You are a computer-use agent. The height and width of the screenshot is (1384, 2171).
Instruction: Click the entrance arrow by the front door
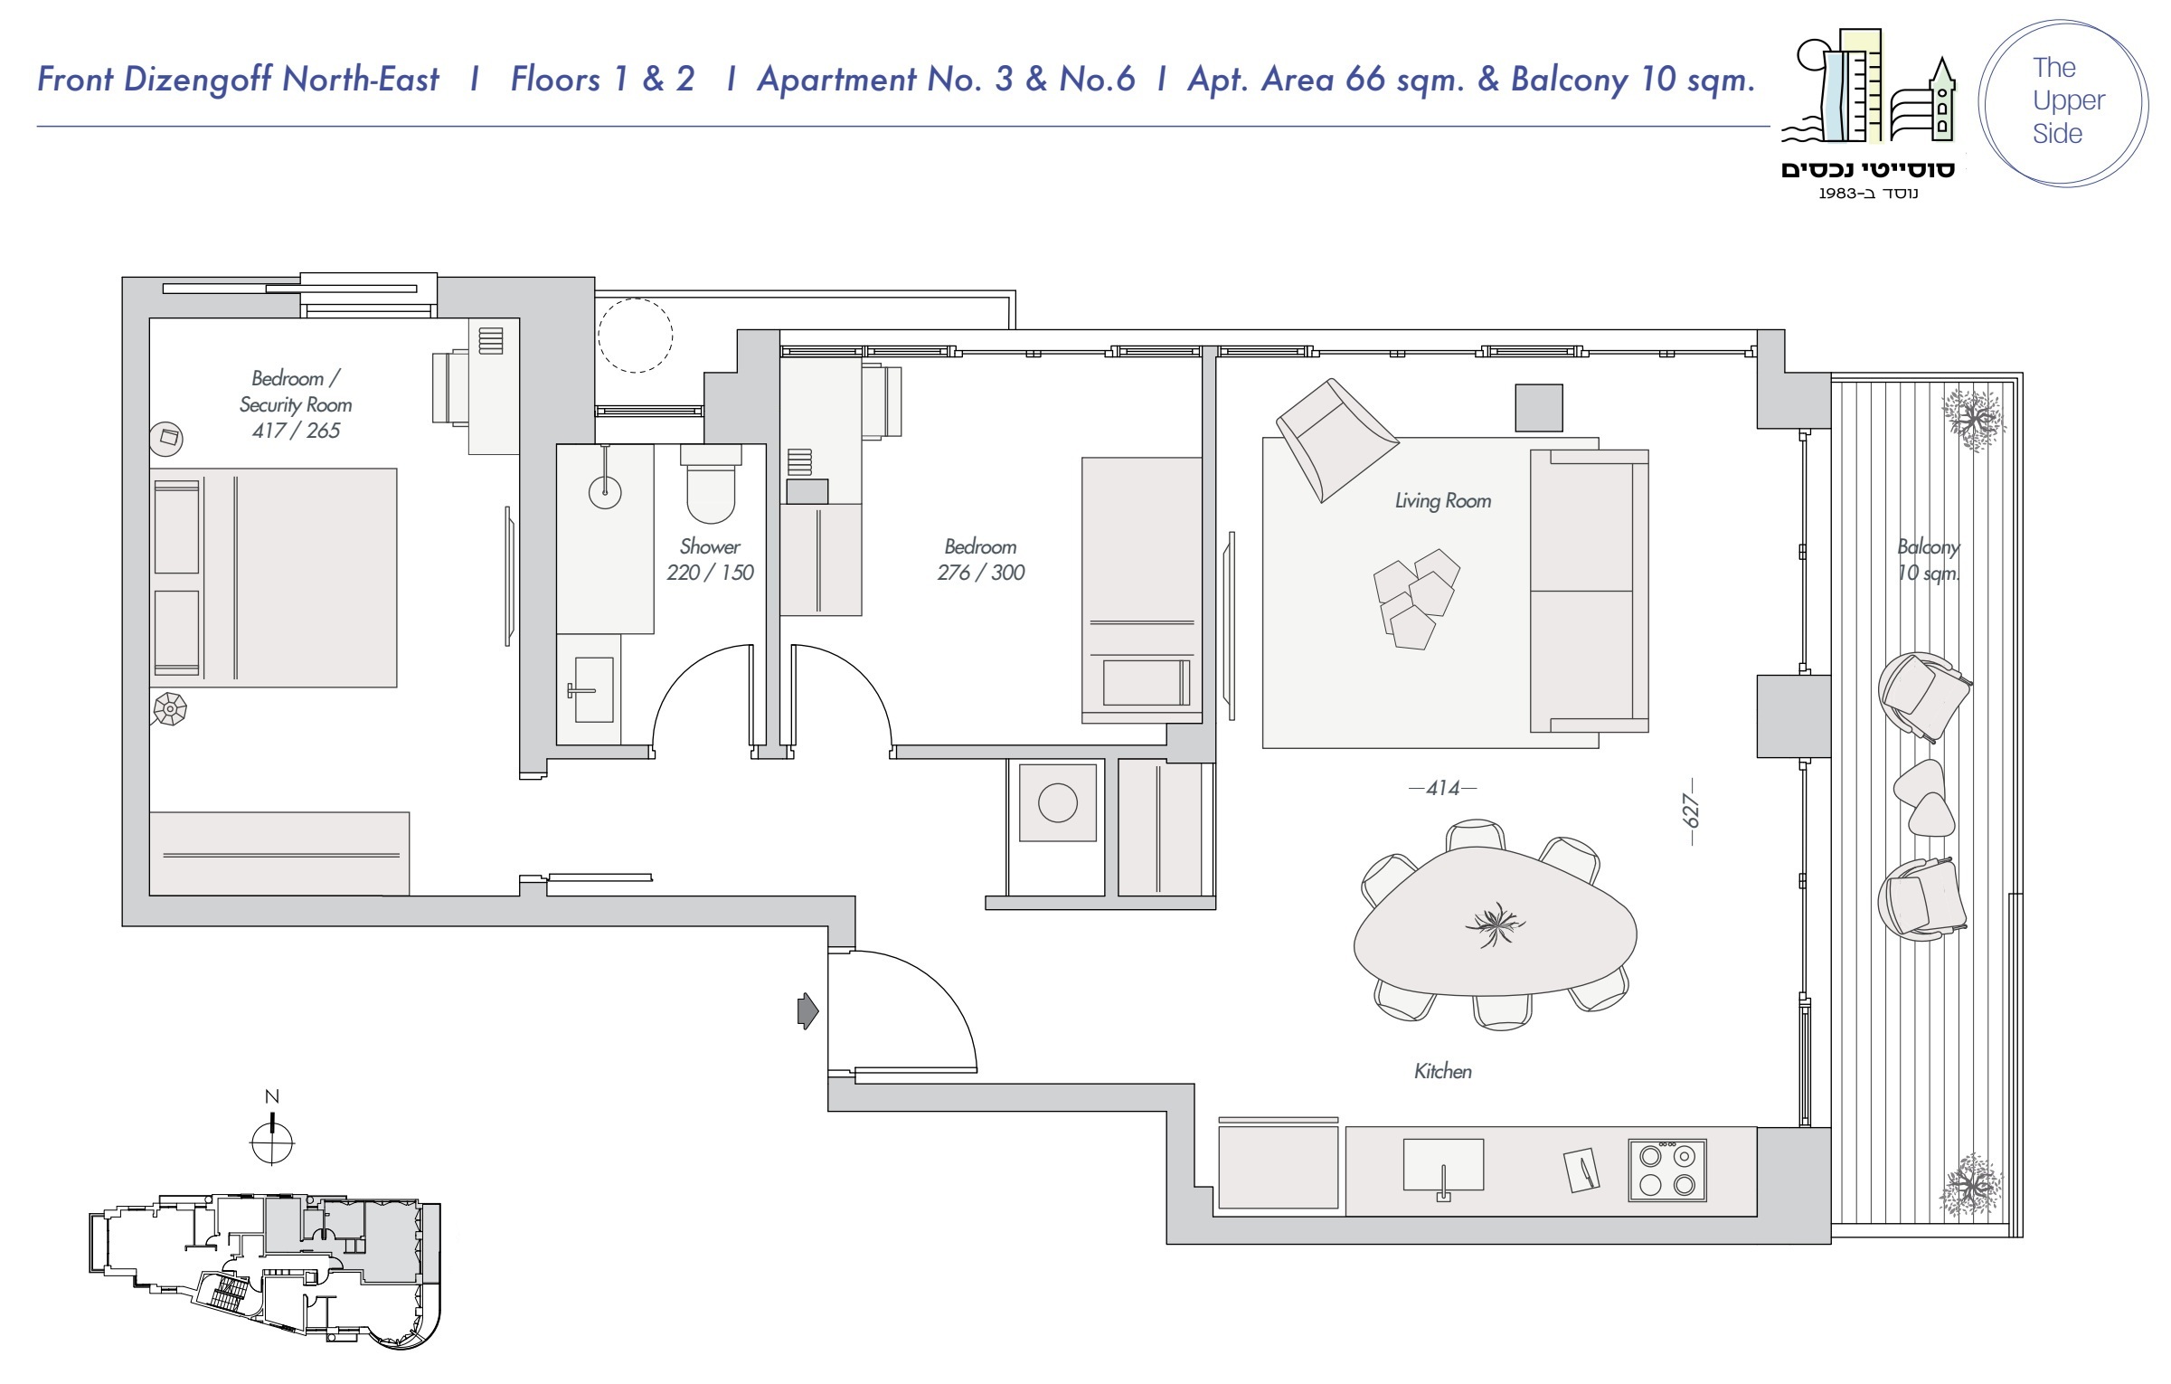point(807,1010)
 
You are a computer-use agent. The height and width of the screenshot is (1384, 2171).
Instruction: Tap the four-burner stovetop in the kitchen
point(1667,1171)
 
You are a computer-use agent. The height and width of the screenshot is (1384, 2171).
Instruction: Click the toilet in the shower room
point(711,483)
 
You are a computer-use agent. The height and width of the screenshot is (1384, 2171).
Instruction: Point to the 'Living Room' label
point(1443,501)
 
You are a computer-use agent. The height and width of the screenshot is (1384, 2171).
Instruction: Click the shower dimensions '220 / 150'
point(710,573)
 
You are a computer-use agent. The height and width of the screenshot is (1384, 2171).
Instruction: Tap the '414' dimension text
point(1443,789)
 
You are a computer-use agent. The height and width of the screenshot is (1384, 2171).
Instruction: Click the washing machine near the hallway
point(1058,802)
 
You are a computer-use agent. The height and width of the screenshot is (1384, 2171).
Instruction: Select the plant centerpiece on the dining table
point(1494,925)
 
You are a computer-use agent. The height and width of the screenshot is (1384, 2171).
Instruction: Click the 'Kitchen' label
point(1443,1072)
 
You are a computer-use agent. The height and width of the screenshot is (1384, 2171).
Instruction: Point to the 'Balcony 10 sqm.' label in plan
point(1929,560)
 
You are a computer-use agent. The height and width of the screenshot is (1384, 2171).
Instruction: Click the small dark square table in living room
point(1539,407)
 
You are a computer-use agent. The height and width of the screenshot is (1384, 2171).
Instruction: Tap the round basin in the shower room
point(605,492)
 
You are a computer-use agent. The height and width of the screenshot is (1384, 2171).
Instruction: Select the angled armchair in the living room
point(1336,441)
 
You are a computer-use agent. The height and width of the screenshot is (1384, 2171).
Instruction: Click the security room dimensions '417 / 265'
point(296,431)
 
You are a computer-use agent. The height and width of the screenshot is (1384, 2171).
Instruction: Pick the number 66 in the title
point(1364,80)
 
